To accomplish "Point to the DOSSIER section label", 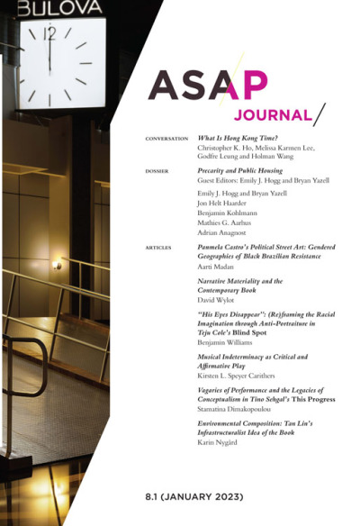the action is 158,169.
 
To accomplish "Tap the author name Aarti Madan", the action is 219,268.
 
